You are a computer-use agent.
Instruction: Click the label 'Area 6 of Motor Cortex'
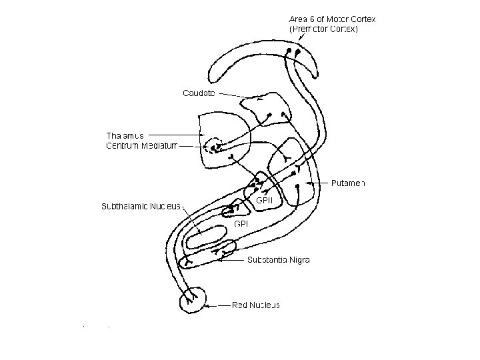pos(332,19)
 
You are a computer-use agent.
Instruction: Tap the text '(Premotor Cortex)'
pos(323,29)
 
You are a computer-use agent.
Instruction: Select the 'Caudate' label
pos(199,93)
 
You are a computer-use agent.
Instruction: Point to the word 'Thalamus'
pos(125,135)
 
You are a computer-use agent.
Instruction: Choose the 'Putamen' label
pos(349,183)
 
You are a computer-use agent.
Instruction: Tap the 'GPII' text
pos(265,199)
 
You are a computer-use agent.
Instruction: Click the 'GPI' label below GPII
pos(241,224)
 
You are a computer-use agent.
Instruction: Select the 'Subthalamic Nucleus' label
pos(140,205)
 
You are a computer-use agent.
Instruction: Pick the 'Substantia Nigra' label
pos(278,259)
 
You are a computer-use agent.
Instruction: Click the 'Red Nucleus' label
pos(256,305)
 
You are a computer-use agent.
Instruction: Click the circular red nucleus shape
pos(193,301)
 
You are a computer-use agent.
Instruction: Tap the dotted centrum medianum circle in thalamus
pos(215,146)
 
